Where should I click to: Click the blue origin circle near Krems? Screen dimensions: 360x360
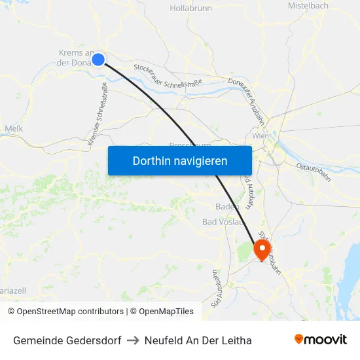(98, 60)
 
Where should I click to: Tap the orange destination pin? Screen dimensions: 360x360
(262, 249)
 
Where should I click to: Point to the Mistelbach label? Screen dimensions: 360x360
(308, 5)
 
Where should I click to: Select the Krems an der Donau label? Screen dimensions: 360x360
(77, 58)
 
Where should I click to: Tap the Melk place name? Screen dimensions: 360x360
(14, 129)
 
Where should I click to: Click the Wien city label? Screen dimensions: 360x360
(261, 135)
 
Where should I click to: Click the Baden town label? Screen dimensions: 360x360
(225, 207)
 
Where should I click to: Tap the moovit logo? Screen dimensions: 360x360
(321, 339)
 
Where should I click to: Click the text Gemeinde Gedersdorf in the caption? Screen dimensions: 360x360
(67, 340)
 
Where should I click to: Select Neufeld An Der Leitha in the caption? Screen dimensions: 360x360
(198, 340)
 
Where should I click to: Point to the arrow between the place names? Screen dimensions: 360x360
(133, 340)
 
